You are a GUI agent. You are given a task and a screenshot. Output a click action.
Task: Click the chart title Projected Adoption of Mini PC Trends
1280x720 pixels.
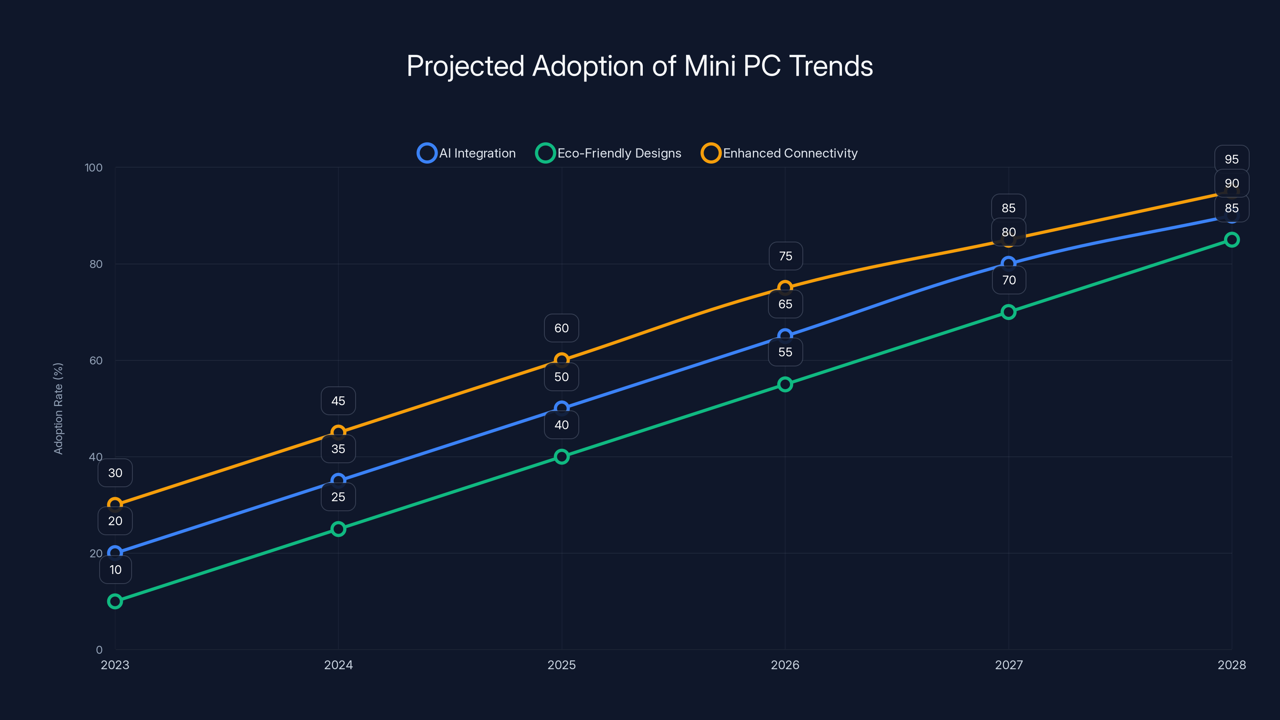point(640,66)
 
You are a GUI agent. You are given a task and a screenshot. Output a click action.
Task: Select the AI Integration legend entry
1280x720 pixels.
point(467,153)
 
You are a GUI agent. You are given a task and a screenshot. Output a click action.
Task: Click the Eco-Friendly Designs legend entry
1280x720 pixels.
point(609,153)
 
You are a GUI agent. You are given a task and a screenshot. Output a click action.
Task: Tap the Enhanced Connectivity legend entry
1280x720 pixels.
point(780,153)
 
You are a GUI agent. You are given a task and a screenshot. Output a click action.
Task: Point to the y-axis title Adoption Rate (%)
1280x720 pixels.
point(58,408)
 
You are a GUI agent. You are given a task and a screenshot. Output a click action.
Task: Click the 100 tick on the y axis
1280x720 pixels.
point(94,168)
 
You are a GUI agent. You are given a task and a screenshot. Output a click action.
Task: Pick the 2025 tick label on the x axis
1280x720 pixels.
point(562,665)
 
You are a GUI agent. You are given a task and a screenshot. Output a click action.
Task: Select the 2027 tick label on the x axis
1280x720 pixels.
point(1009,665)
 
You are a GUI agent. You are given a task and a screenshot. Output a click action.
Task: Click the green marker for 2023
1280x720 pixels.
point(115,601)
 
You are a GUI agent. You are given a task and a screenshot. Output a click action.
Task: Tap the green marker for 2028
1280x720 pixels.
point(1232,240)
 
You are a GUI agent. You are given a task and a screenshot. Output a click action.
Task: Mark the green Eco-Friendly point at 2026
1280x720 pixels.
point(785,384)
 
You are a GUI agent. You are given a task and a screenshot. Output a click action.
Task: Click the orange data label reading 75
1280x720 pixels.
point(785,256)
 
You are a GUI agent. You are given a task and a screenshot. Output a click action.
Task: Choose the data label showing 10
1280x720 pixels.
point(115,570)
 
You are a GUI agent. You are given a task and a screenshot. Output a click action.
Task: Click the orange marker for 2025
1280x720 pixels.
point(562,360)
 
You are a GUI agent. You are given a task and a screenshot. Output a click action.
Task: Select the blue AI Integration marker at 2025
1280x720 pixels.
point(562,408)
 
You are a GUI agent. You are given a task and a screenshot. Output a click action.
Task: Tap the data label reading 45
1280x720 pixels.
point(338,400)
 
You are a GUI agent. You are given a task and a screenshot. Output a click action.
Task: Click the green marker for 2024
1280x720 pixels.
point(338,529)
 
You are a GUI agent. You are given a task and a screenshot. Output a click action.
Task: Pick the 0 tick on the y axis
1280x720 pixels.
point(99,650)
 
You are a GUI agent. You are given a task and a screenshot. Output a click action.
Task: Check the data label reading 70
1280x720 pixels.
point(1009,280)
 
